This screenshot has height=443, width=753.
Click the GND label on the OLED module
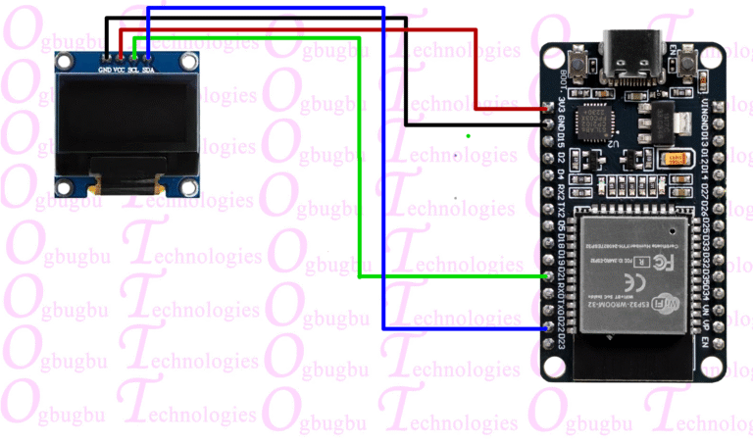[x=104, y=71]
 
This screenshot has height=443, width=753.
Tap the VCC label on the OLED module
[x=119, y=71]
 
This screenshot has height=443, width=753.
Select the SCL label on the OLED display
[x=133, y=71]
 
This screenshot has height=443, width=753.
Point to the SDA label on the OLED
[x=148, y=71]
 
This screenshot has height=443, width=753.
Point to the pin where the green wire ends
[x=550, y=276]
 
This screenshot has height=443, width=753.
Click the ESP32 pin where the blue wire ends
[x=550, y=328]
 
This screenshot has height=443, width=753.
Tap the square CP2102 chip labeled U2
[x=593, y=124]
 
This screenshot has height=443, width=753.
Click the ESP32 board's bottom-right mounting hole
[x=722, y=369]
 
